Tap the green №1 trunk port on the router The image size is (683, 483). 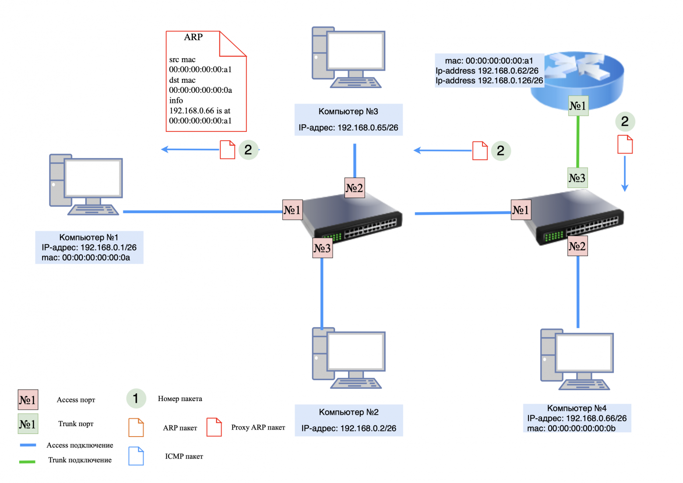[578, 106]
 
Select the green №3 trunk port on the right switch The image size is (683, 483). [577, 177]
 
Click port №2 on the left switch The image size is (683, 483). [355, 187]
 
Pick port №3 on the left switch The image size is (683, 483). [322, 248]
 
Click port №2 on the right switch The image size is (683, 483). [577, 246]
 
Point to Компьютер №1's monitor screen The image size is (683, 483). [93, 178]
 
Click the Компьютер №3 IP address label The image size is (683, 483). [348, 127]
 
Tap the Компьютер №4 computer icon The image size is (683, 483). [577, 359]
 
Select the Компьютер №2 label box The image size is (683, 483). [349, 420]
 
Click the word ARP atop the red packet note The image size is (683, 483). [194, 37]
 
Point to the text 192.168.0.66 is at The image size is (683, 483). [200, 110]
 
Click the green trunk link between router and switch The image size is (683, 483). [578, 141]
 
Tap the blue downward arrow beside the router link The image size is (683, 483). [625, 174]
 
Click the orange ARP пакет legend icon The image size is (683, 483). [136, 427]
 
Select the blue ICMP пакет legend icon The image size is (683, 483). [136, 456]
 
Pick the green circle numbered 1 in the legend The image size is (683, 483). [136, 398]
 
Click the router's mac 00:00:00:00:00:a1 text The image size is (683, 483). [489, 61]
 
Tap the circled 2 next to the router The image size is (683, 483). [625, 122]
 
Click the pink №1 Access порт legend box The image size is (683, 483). [28, 399]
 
